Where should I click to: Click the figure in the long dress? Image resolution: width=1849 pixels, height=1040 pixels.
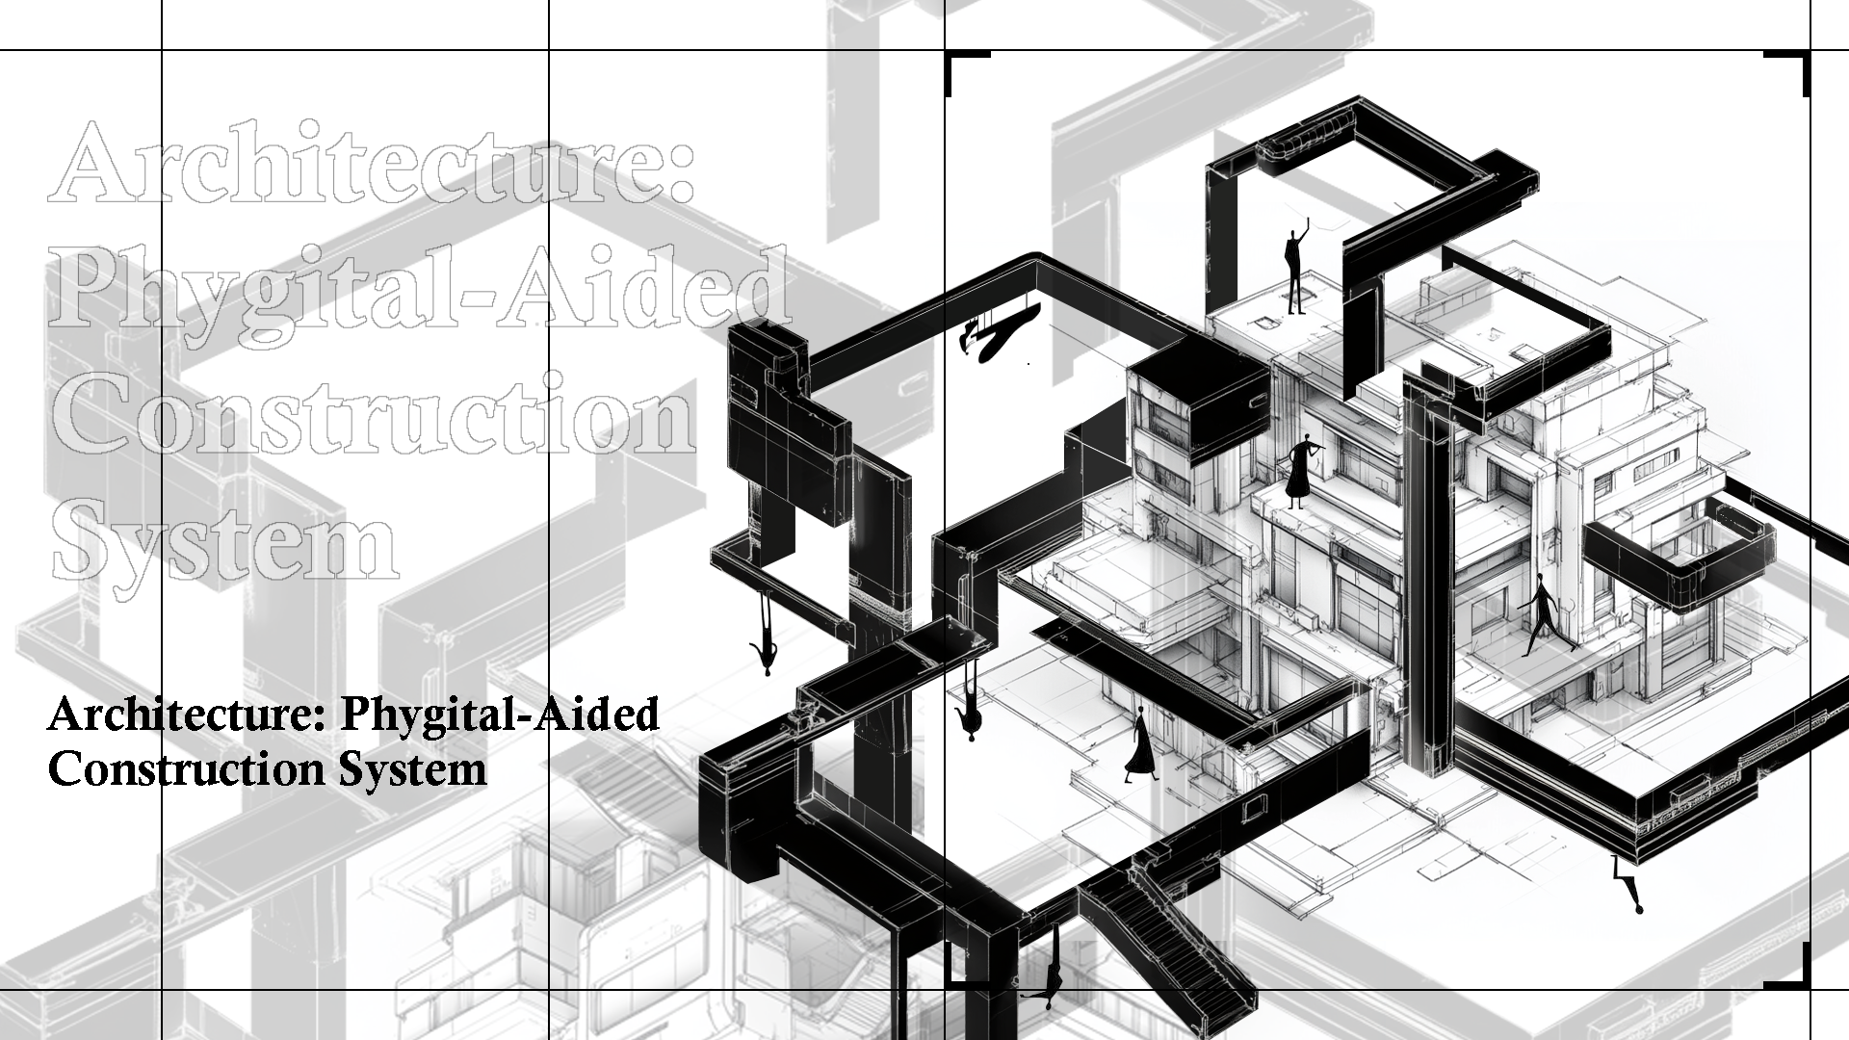point(1140,744)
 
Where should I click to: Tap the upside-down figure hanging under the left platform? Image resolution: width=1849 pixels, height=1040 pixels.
point(767,635)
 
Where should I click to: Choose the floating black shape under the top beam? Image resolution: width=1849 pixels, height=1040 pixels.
point(1002,332)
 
